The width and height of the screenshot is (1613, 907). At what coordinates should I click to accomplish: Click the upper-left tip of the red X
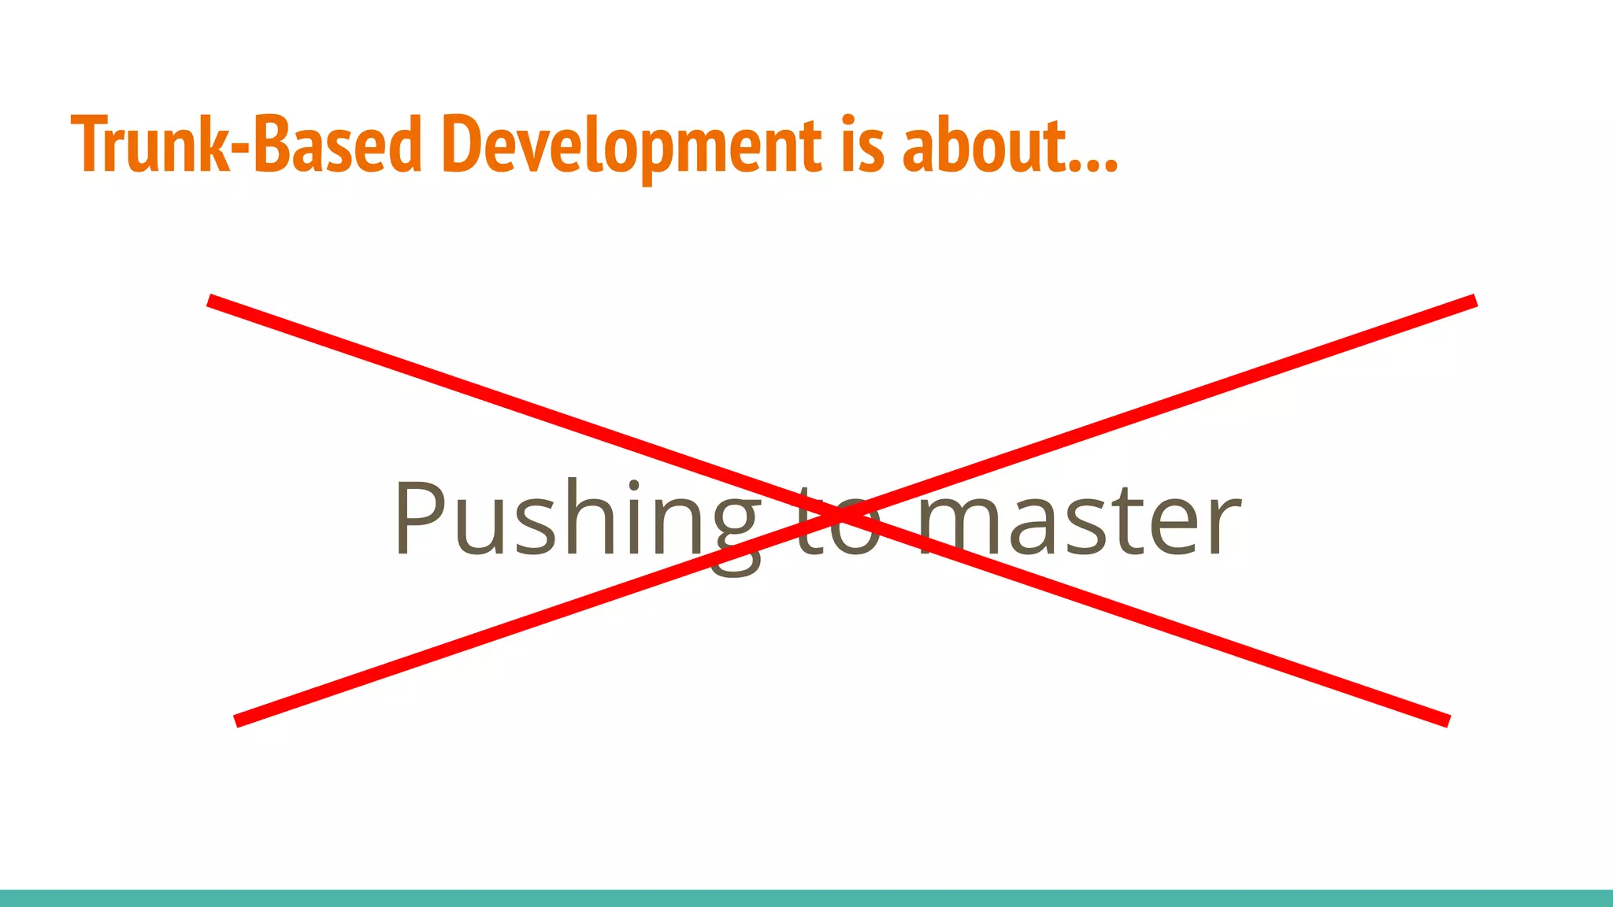pos(210,300)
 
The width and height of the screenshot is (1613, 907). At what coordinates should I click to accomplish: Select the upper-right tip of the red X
pos(1474,300)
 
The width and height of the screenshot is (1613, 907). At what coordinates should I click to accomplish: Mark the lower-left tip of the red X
pos(236,721)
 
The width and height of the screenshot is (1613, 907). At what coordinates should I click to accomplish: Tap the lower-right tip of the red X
pos(1448,721)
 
